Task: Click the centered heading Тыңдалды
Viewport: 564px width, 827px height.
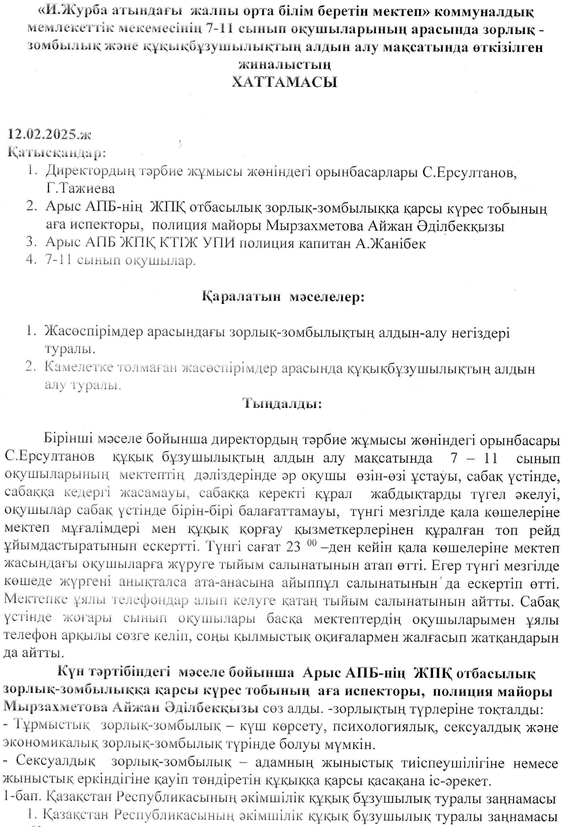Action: [x=283, y=403]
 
